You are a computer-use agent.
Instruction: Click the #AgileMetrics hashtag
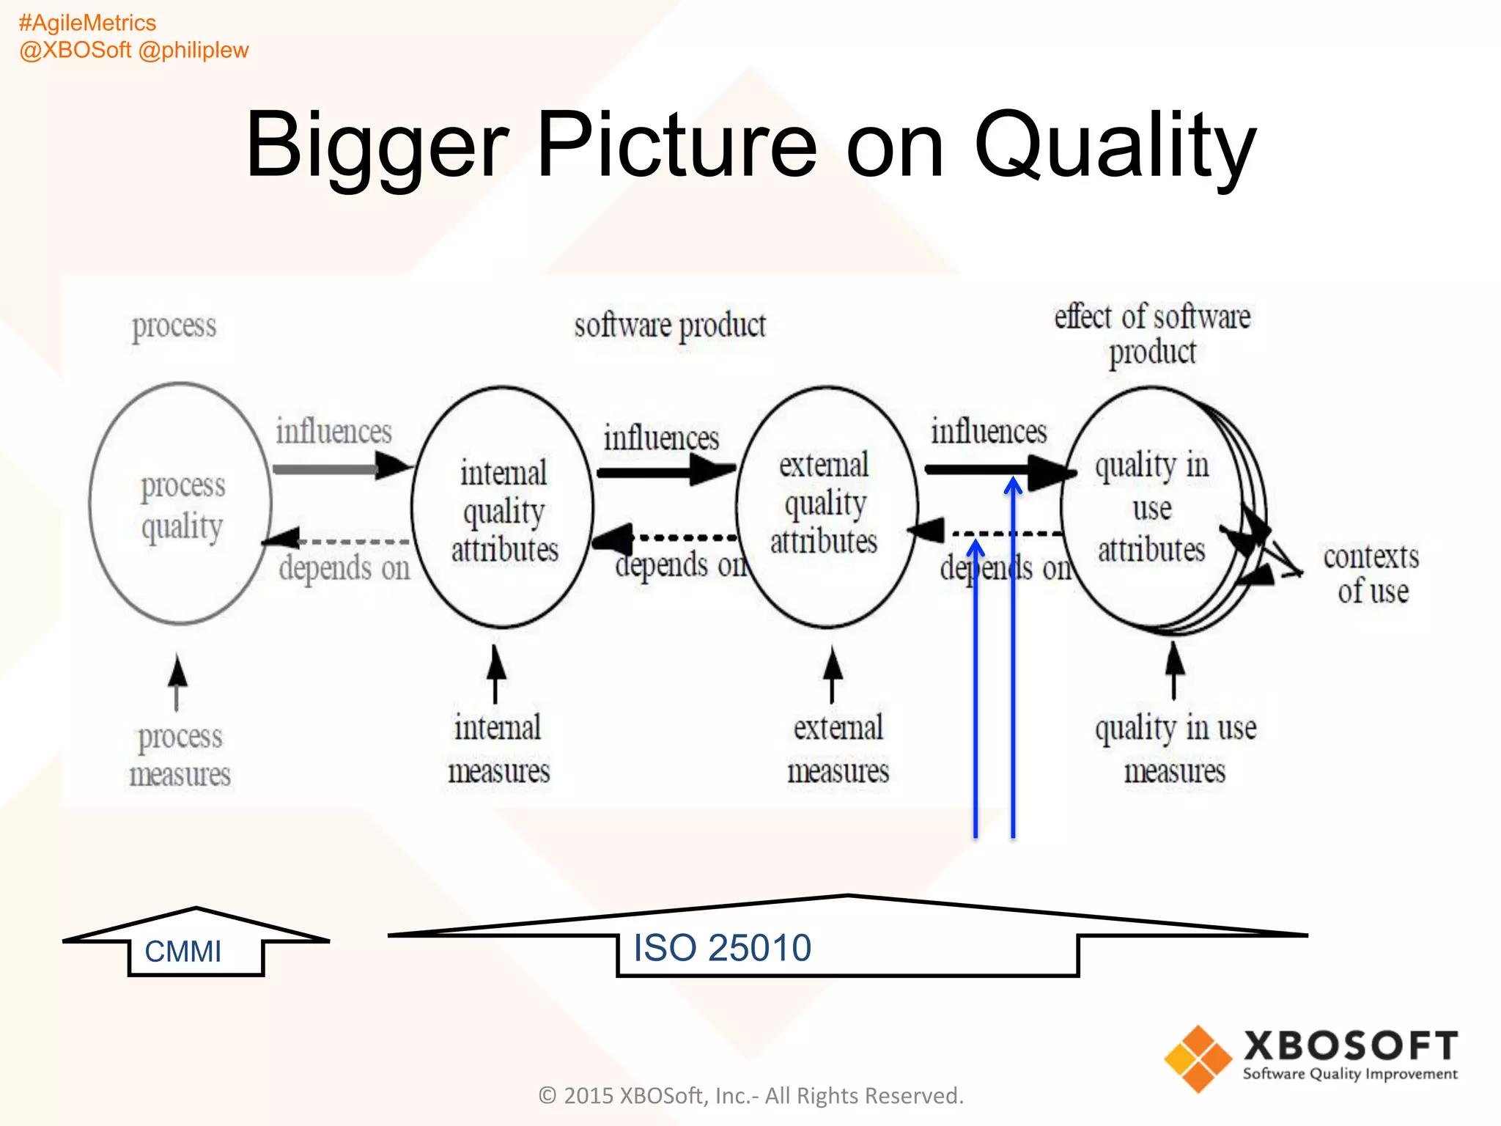(x=87, y=23)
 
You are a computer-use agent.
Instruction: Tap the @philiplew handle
(x=193, y=50)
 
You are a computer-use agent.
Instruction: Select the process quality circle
(x=181, y=504)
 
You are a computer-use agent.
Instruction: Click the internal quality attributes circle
(x=503, y=507)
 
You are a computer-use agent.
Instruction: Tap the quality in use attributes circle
(x=1151, y=507)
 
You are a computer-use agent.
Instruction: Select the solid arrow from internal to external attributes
(x=663, y=471)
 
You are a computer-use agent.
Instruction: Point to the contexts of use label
(x=1371, y=573)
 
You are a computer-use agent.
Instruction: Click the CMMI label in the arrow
(x=183, y=952)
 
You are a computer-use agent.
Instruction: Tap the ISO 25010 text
(x=722, y=948)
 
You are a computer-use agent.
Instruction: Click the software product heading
(x=669, y=325)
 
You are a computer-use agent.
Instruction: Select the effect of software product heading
(x=1152, y=334)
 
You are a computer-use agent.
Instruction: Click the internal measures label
(x=498, y=749)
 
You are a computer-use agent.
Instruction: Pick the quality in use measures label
(x=1175, y=749)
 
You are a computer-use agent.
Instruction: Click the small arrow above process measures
(x=177, y=682)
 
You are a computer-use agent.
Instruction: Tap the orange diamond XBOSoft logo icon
(x=1198, y=1059)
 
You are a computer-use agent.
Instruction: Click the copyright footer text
(x=750, y=1095)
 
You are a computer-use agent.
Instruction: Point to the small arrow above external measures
(x=832, y=673)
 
